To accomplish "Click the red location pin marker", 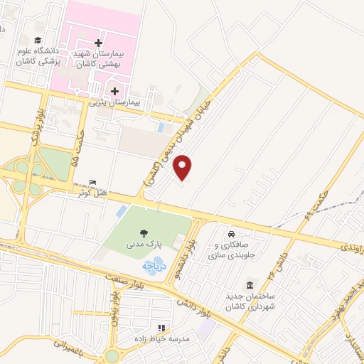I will point(183,167).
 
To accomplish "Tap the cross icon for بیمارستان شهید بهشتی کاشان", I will point(98,43).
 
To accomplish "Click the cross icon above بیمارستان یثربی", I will point(114,90).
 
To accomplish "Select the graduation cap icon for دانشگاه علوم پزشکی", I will point(38,40).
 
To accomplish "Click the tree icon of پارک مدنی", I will point(145,232).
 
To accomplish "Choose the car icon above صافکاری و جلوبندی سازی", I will point(231,234).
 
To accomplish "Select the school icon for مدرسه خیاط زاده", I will point(161,328).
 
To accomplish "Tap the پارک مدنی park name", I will point(149,243).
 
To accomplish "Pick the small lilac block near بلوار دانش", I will point(208,328).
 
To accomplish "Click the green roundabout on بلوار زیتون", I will point(111,355).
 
